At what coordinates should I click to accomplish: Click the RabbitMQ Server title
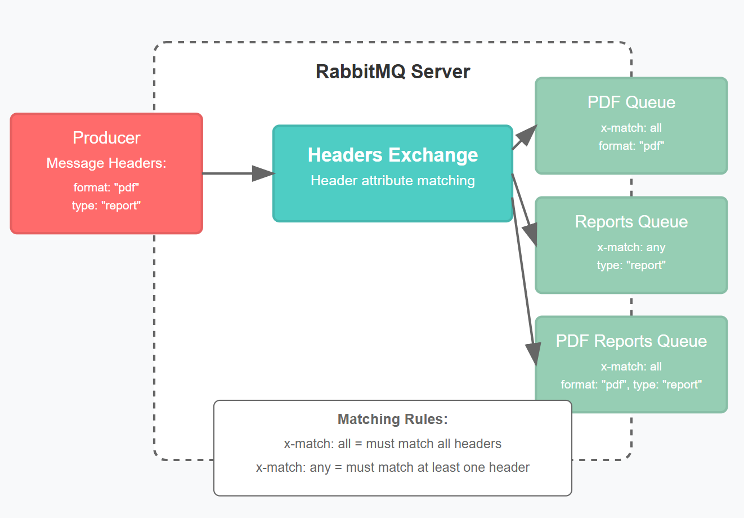click(392, 72)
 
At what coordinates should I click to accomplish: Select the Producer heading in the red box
click(106, 137)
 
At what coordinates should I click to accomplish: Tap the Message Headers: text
click(106, 163)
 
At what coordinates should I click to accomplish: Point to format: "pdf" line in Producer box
click(106, 187)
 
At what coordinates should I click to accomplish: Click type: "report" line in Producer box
click(106, 206)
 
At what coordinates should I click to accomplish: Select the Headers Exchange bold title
click(392, 155)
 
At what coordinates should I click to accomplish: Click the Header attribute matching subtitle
click(392, 181)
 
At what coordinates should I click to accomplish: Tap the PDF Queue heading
click(631, 102)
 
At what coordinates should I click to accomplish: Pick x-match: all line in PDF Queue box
click(631, 128)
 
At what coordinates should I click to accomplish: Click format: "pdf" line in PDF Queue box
click(631, 146)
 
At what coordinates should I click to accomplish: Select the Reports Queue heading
click(631, 222)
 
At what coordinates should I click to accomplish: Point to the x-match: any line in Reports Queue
click(631, 247)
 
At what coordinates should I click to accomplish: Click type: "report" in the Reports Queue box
click(631, 265)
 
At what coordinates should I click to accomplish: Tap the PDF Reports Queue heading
click(631, 341)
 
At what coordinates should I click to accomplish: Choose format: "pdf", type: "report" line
click(631, 385)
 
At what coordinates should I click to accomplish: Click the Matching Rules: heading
click(392, 419)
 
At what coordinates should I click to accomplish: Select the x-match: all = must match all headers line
click(392, 444)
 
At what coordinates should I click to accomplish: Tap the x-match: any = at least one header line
click(392, 467)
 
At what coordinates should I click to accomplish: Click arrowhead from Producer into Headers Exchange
click(263, 173)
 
